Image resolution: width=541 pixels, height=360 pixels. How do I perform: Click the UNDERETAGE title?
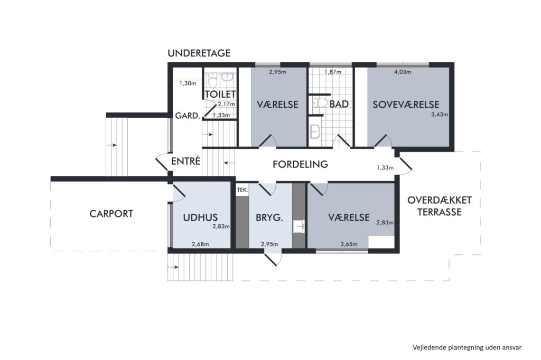pos(199,53)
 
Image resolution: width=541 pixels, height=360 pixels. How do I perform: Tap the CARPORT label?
pos(111,214)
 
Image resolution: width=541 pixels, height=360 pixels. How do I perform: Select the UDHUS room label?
pos(200,217)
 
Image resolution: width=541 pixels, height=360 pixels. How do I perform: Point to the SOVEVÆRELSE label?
pos(406,105)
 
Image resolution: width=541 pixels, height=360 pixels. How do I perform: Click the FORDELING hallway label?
pos(300,164)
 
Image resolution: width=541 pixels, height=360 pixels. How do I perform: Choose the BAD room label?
pos(339,104)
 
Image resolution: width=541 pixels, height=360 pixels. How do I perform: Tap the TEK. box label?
pos(242,190)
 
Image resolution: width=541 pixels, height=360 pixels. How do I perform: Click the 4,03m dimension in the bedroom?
pos(403,72)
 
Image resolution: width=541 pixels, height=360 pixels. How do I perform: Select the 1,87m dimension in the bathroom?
pos(333,72)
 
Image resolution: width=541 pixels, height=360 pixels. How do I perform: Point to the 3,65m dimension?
pos(349,244)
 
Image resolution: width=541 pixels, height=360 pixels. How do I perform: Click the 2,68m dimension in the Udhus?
pos(200,244)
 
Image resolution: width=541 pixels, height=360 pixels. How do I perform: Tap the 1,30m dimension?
pos(188,83)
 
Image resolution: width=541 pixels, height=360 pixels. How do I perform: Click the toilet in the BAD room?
pos(320,103)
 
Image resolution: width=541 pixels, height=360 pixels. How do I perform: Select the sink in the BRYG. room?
pos(299,226)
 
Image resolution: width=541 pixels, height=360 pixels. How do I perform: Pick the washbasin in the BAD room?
pos(315,131)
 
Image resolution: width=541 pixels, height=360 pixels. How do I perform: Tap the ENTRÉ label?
pos(185,161)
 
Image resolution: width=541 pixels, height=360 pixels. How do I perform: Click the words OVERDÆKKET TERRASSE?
pos(439,206)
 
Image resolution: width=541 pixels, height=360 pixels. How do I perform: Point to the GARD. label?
pos(188,116)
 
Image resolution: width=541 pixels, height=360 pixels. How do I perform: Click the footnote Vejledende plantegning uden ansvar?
pos(467,347)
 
